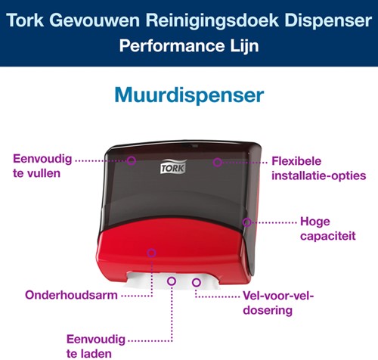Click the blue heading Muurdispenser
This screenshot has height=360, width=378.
coord(189,95)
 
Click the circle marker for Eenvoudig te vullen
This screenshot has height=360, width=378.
coord(131,160)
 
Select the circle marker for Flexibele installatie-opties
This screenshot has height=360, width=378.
coord(217,161)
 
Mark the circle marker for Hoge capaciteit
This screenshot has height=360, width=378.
coord(246,222)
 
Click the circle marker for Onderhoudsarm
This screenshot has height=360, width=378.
coord(152,253)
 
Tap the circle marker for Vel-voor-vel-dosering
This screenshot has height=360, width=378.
coord(197,283)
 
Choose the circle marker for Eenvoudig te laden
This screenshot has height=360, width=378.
coord(172,281)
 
